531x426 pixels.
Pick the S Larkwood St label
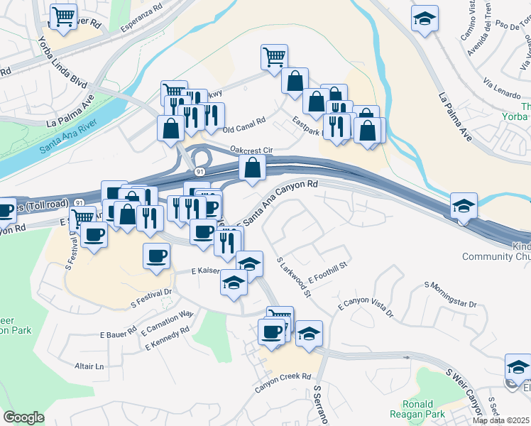[x=294, y=277]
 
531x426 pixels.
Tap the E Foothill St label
[x=327, y=274]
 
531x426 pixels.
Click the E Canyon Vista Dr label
[x=366, y=306]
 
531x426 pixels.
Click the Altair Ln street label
[x=89, y=366]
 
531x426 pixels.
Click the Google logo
[x=23, y=417]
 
